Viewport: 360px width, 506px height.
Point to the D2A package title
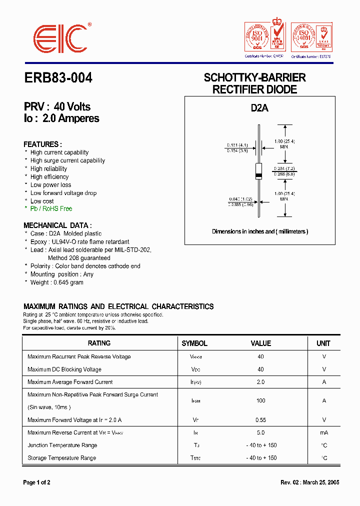point(259,107)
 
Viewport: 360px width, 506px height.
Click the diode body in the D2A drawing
point(258,171)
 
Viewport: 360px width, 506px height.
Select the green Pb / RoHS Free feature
point(51,208)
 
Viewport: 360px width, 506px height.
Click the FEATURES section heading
point(43,144)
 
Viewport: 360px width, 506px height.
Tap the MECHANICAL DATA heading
point(57,225)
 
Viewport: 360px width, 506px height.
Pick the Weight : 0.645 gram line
point(56,282)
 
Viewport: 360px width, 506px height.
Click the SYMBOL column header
point(194,343)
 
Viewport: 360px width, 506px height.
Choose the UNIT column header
point(323,343)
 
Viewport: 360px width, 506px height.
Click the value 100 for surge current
point(260,401)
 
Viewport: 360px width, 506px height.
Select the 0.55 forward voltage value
point(260,420)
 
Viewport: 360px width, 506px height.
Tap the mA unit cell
point(324,432)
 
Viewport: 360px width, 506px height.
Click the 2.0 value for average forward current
point(260,382)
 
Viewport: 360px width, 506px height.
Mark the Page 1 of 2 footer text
point(37,482)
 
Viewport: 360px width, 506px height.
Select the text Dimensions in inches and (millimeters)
point(260,231)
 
